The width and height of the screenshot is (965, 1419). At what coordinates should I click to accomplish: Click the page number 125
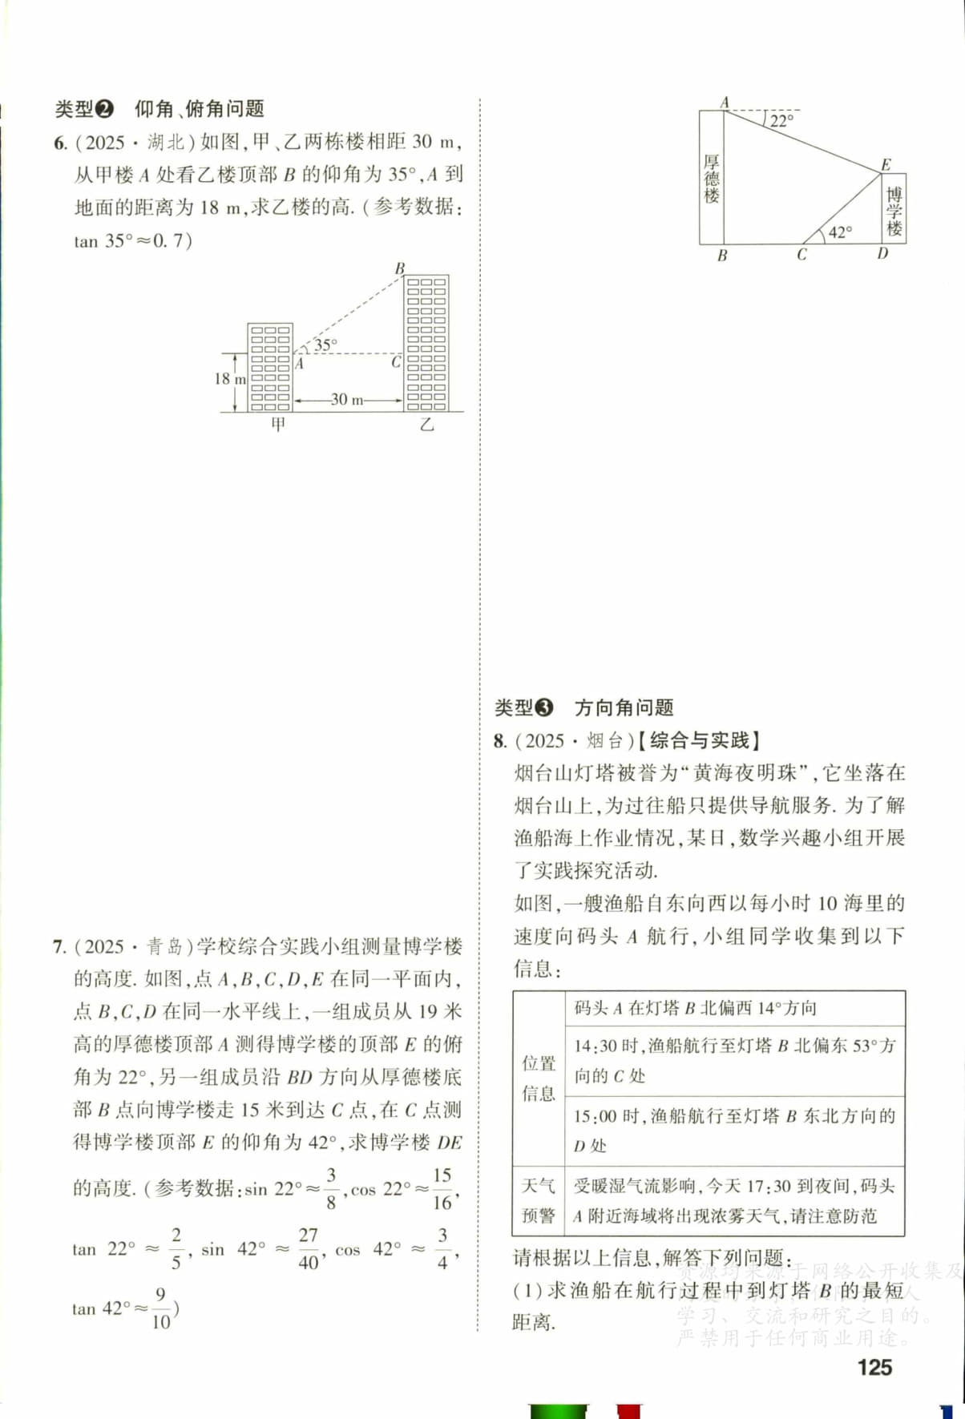click(874, 1367)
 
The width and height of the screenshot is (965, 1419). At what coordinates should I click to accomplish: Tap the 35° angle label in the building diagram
click(325, 345)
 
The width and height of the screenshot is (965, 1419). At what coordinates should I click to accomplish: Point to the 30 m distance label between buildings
click(347, 399)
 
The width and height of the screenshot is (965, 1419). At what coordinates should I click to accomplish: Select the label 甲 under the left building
click(277, 425)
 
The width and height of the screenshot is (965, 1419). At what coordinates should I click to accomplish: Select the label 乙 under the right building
click(426, 425)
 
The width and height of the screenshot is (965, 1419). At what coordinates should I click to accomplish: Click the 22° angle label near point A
click(781, 121)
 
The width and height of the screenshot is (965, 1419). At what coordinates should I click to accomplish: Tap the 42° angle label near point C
click(840, 232)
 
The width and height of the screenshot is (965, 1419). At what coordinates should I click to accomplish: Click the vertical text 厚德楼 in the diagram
click(712, 178)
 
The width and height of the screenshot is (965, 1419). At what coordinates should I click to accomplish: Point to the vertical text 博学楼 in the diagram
click(894, 210)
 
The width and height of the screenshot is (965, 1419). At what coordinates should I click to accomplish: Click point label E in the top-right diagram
click(886, 165)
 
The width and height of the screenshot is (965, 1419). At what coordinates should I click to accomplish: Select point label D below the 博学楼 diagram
click(882, 254)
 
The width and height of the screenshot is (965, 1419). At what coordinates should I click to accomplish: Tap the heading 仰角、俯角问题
click(199, 109)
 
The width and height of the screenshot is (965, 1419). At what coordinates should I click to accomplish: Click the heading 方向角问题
click(624, 707)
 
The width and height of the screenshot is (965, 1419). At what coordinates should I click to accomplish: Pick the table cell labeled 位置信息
click(539, 1078)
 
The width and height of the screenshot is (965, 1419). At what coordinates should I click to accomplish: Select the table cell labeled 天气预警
click(539, 1200)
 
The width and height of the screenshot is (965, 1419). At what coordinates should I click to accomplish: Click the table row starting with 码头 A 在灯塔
click(695, 1008)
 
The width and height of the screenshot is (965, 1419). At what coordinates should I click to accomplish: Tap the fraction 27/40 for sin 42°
click(309, 1248)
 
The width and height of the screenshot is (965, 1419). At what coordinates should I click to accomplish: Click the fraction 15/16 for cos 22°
click(442, 1188)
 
